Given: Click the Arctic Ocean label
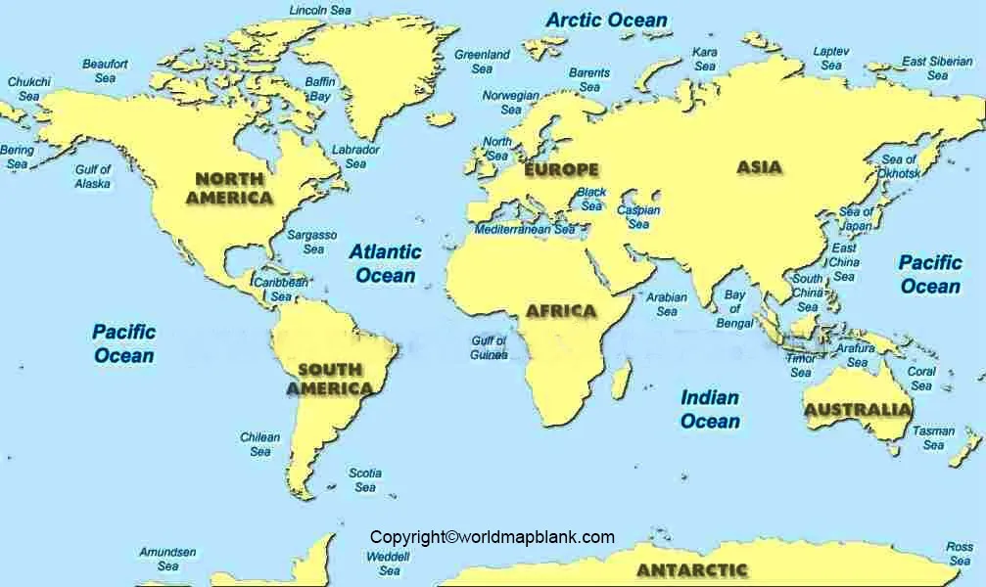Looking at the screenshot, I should click(606, 20).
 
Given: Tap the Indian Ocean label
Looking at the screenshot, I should click(710, 409).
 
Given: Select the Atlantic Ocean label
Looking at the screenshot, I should click(386, 263).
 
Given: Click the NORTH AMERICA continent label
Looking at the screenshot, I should click(229, 188).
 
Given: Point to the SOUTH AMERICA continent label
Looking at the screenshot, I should click(329, 379).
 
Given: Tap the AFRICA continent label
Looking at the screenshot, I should click(561, 311).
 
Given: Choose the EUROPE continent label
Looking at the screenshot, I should click(561, 170).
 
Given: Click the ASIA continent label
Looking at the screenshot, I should click(759, 167).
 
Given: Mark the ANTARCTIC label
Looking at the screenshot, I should click(691, 569).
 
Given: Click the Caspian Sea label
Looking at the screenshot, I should click(638, 217).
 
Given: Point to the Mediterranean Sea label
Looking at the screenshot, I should click(526, 230).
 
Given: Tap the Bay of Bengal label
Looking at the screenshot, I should click(734, 309).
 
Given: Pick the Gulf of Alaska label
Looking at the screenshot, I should click(93, 176).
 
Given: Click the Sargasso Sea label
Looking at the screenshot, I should click(312, 242).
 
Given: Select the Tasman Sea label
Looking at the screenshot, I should click(933, 438).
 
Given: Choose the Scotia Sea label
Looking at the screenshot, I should click(365, 479).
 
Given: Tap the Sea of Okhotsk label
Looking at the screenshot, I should click(899, 166).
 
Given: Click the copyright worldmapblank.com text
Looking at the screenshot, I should click(492, 536).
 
